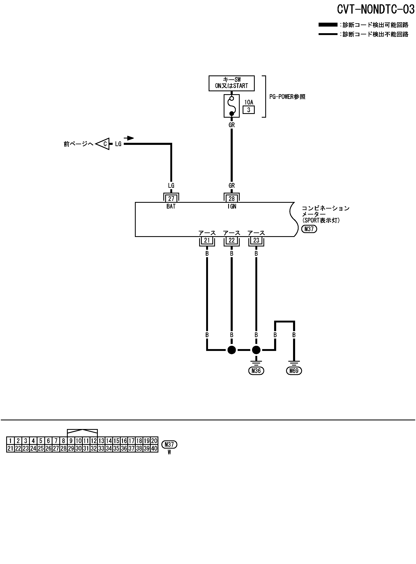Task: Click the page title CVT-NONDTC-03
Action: [375, 9]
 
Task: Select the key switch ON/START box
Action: [231, 83]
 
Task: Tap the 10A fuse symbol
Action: [231, 106]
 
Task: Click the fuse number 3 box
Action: [249, 110]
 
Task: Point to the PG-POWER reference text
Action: [287, 97]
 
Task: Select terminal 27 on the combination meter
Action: [171, 198]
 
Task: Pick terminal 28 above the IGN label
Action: [231, 198]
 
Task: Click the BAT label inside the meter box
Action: [171, 206]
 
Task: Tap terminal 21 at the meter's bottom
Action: [207, 240]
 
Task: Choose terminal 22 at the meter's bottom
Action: [231, 240]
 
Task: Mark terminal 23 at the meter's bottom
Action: [256, 240]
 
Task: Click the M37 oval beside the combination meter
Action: [309, 229]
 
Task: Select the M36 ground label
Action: [256, 371]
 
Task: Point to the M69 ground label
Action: [294, 371]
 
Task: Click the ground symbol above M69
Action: [294, 363]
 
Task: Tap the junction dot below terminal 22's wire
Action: [231, 350]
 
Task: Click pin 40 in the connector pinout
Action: [154, 448]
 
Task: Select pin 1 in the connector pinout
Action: [10, 441]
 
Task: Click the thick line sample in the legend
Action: [328, 25]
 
